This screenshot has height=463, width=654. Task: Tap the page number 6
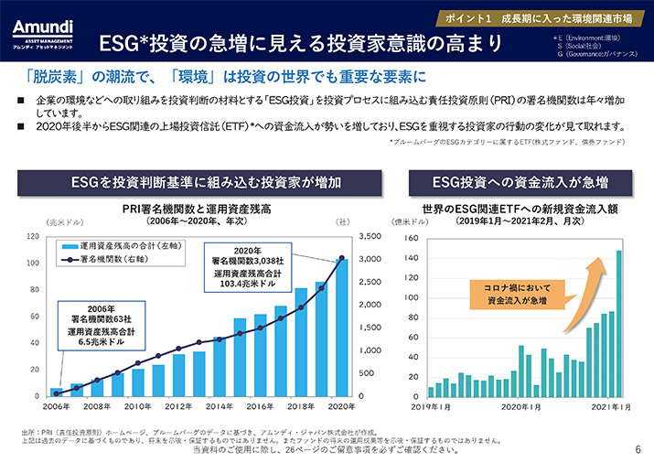tap(637, 449)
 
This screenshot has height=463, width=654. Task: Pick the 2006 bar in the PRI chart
tap(57, 392)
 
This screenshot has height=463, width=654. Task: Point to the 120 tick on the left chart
tap(33, 236)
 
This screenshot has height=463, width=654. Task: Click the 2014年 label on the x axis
tap(219, 406)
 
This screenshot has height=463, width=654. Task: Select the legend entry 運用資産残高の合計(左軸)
tap(115, 247)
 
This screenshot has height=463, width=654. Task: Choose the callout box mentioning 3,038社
tap(246, 266)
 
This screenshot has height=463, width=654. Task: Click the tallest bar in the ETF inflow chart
tap(618, 323)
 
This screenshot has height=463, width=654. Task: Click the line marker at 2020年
tap(341, 258)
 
